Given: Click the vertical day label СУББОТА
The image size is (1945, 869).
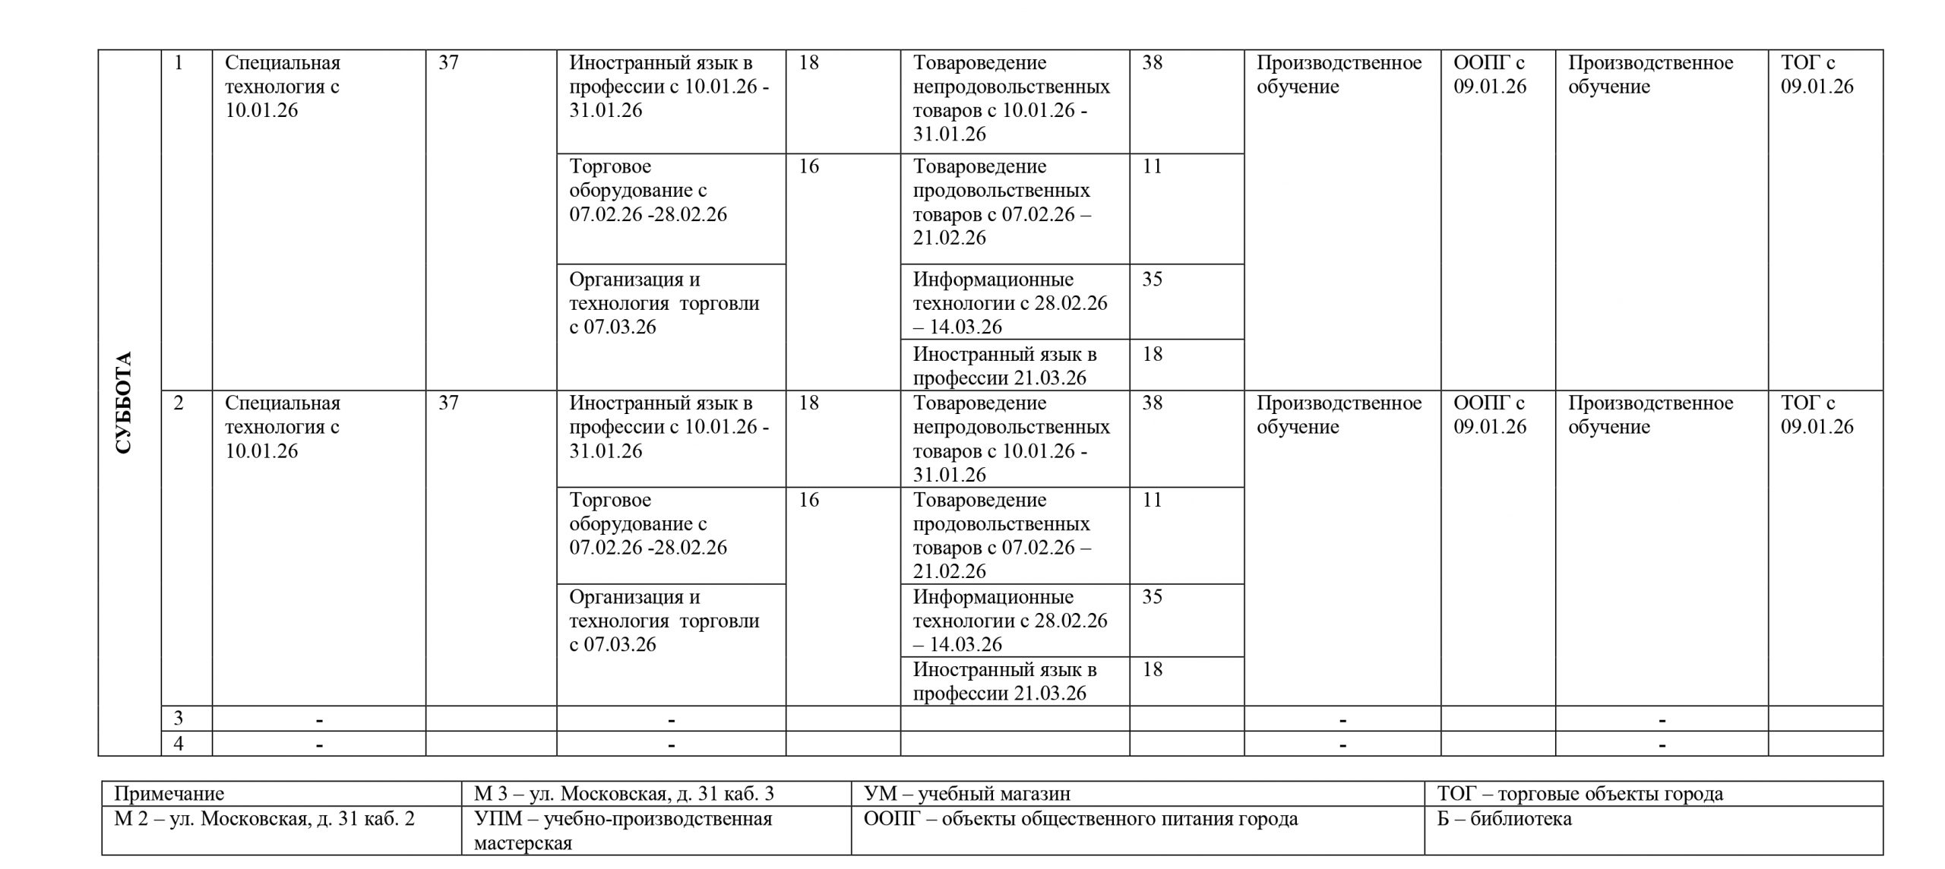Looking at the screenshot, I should point(124,403).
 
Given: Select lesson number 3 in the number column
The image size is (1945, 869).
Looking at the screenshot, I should point(179,718).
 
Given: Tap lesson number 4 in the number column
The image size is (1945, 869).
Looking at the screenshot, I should point(179,743).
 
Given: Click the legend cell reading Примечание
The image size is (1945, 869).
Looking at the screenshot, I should point(169,794).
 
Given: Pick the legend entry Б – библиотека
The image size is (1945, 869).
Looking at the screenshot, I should point(1504,819).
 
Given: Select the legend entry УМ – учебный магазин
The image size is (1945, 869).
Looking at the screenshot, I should point(967,794).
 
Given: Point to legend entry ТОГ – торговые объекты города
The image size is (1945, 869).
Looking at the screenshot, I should point(1580,794).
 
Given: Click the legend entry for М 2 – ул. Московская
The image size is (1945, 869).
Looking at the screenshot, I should point(264,819).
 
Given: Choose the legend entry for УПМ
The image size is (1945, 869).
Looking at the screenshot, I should point(623,830).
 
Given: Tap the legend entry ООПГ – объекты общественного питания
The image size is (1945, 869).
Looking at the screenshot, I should point(1080,819).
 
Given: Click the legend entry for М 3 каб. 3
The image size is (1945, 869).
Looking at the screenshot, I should point(624,794).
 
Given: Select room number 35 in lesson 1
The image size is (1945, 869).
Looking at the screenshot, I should point(1152,280).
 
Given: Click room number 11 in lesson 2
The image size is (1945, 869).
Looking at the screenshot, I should point(1152,500).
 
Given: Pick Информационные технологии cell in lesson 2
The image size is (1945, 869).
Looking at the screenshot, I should point(1010,620).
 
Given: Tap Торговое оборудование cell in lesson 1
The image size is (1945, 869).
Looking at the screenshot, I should point(648,190).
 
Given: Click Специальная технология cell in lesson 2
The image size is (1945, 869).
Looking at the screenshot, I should point(283,426).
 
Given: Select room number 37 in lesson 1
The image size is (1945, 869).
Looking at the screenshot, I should point(448,62).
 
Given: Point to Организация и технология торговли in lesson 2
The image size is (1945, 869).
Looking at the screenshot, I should point(664,620).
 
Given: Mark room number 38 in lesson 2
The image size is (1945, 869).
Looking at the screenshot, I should point(1152,403).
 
